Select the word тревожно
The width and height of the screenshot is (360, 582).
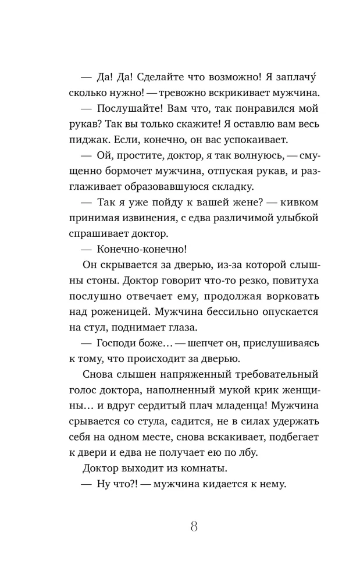[x=165, y=93]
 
